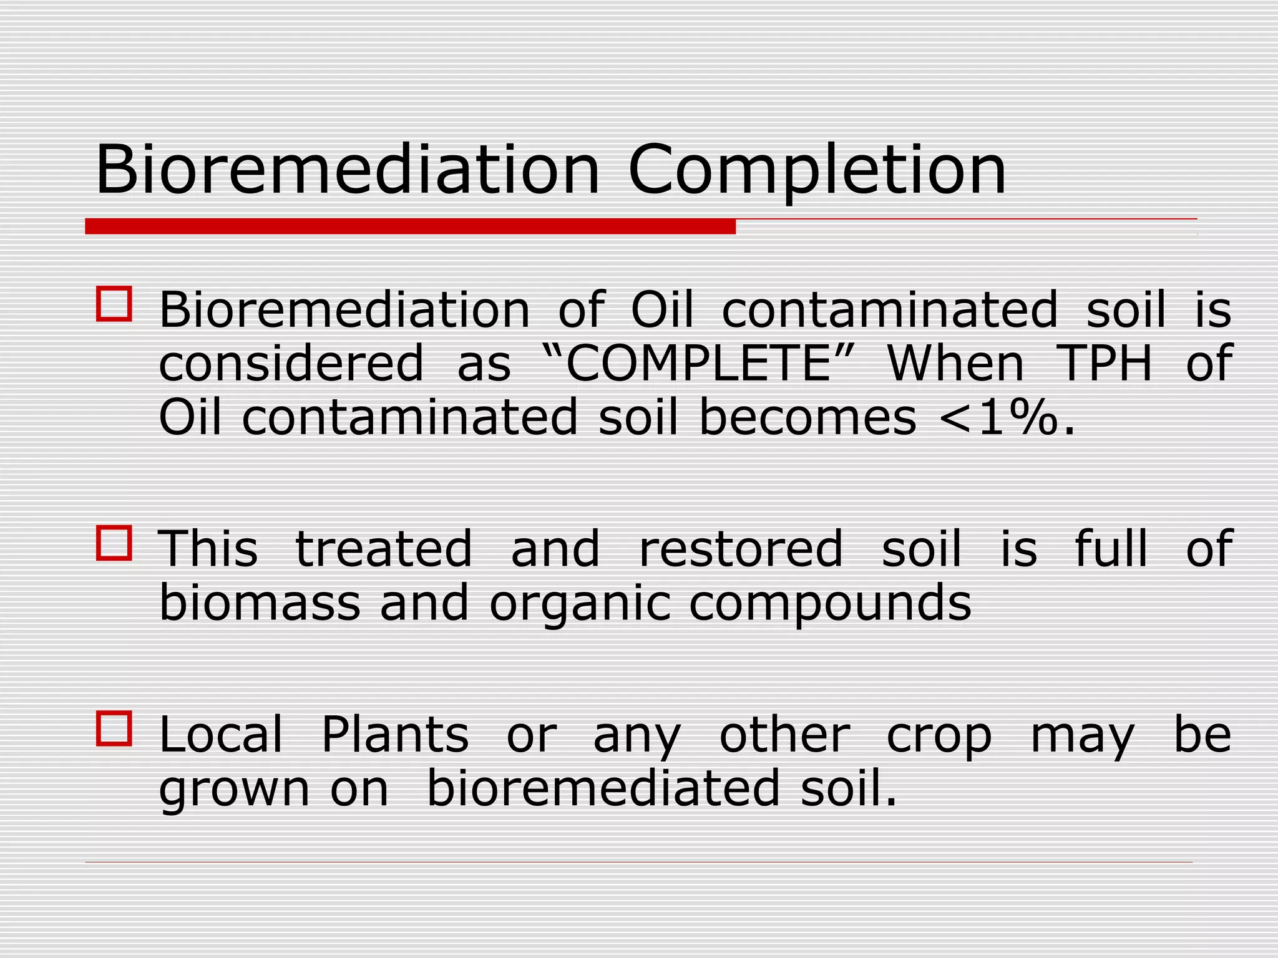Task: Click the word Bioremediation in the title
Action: coord(347,170)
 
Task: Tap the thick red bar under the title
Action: coord(410,226)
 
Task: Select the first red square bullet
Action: coord(114,304)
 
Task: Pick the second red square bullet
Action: coord(114,543)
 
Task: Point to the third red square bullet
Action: coord(114,728)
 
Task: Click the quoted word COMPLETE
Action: coord(698,364)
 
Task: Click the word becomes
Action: coord(807,418)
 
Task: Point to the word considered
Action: coord(291,364)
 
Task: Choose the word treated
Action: coord(383,549)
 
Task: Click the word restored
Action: coord(741,549)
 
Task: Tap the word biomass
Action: coord(260,603)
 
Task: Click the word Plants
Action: coord(394,735)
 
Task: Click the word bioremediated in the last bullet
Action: coord(603,788)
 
